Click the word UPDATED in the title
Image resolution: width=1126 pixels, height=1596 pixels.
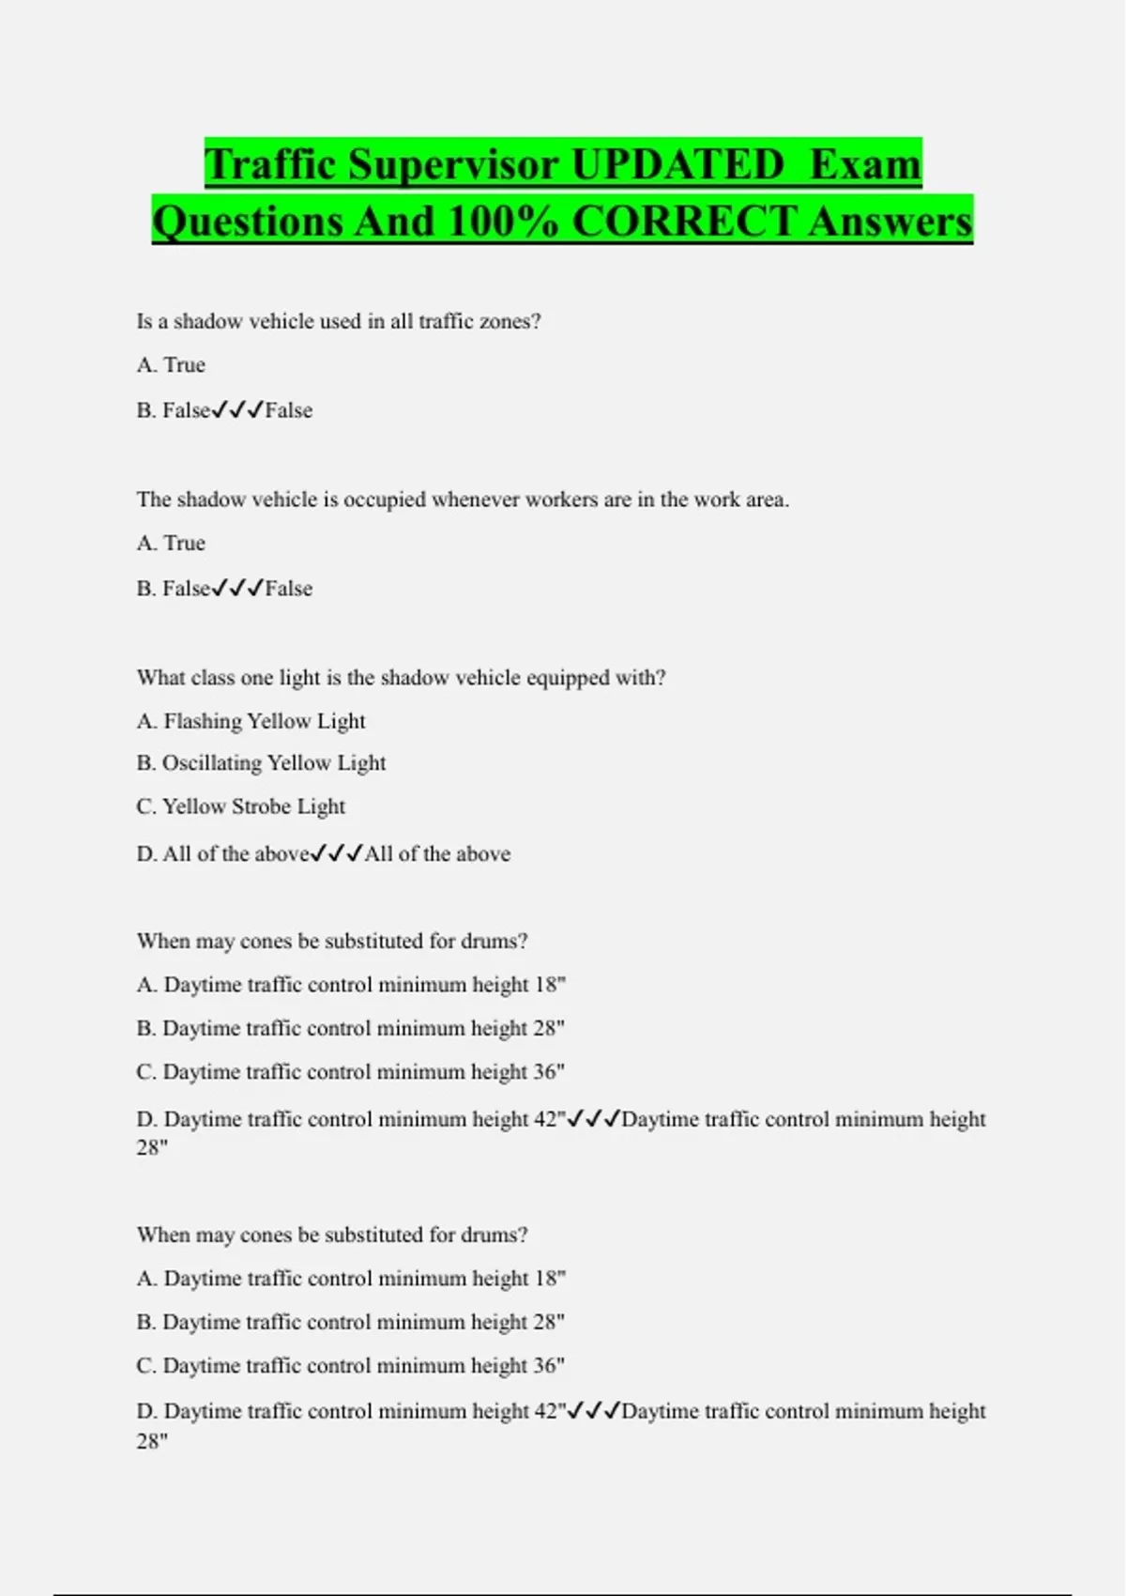click(x=677, y=165)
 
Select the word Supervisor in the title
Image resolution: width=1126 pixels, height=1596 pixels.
click(x=453, y=165)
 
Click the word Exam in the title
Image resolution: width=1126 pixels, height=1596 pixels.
click(x=865, y=165)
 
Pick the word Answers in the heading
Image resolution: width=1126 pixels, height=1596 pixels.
click(x=890, y=223)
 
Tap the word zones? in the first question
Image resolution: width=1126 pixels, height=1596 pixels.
click(x=510, y=321)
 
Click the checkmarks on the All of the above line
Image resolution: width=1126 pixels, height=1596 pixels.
click(x=336, y=853)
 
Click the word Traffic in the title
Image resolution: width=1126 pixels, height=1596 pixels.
click(x=270, y=165)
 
